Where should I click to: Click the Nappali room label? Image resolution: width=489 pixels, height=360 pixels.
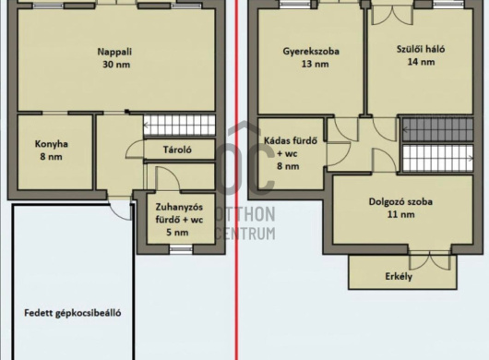point(114,52)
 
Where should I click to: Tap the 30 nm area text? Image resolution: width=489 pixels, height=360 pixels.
point(116,65)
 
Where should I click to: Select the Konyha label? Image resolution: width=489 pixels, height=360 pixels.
point(52,144)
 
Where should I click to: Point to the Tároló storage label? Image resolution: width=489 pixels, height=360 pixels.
point(177,150)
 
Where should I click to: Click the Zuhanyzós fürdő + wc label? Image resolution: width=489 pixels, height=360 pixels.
point(179,213)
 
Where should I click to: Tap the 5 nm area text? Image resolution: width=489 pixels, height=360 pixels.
point(177,233)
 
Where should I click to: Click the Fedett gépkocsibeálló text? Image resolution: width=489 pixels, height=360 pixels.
point(73,313)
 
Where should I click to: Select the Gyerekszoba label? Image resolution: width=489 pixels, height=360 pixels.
point(311,51)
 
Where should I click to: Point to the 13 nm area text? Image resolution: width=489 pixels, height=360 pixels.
point(315,64)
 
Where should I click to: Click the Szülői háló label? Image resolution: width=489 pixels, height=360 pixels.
point(421,49)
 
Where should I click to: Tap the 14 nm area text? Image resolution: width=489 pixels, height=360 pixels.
point(421,62)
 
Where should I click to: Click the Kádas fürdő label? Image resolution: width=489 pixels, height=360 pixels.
point(291,141)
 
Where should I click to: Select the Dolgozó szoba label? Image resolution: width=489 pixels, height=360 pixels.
point(400,201)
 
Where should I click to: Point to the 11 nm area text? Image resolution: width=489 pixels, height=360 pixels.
point(401,214)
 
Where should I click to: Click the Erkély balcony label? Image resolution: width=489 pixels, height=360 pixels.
point(399,276)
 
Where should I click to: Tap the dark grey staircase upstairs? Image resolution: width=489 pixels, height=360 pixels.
point(438,129)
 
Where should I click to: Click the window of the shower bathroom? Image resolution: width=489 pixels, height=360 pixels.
point(181,249)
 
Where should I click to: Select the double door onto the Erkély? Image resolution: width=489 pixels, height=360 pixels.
point(430,259)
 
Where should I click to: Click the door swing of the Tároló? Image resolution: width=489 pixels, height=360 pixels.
point(135,150)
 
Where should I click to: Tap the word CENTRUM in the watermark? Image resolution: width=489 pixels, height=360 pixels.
point(245,234)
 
